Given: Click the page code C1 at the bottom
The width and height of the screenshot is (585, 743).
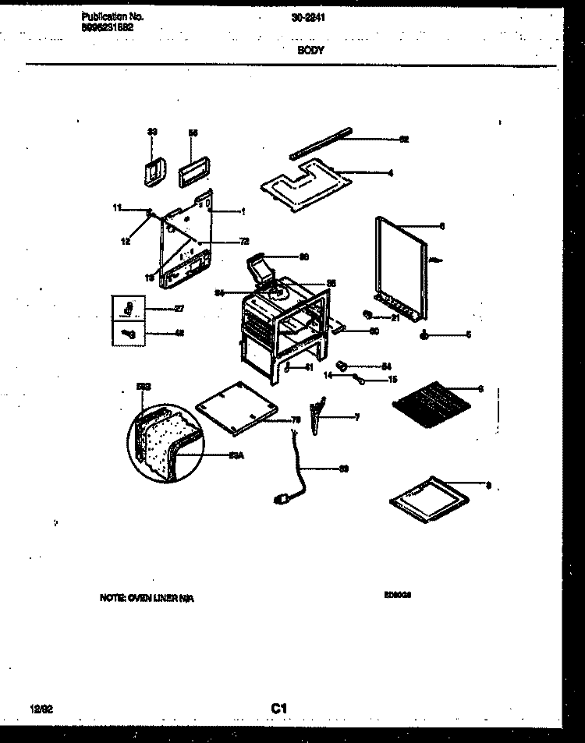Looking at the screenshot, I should (x=279, y=707).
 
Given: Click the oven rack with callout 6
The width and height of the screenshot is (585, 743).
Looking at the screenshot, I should (x=427, y=404).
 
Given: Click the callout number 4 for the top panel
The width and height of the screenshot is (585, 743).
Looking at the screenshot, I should (x=391, y=172).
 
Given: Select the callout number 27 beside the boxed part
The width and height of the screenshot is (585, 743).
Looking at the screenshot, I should (x=179, y=309).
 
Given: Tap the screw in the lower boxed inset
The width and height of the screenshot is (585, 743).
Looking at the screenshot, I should (x=129, y=334).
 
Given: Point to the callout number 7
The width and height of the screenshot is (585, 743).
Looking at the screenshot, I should (x=356, y=418).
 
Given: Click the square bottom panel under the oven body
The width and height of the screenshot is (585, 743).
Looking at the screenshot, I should (x=237, y=408).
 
